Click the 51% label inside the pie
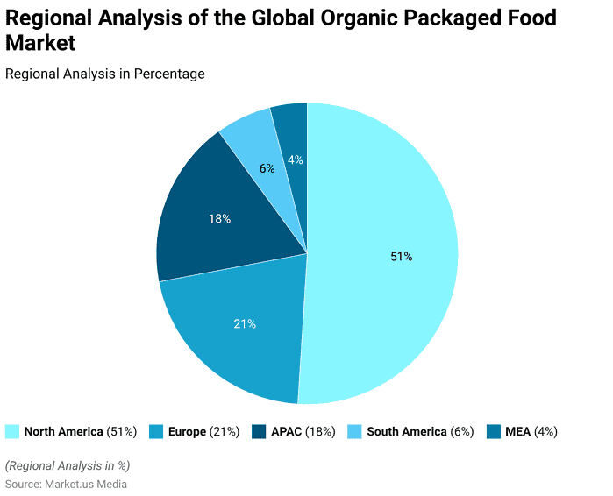(x=401, y=257)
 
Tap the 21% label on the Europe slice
(x=245, y=324)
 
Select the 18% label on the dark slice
(x=219, y=219)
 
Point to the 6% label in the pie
(x=267, y=168)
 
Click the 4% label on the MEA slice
(x=296, y=159)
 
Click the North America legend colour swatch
(x=12, y=431)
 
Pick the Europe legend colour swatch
(x=156, y=431)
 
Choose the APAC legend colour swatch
(x=259, y=431)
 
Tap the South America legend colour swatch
(x=355, y=431)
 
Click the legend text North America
(x=63, y=431)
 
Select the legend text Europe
(x=187, y=431)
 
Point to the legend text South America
(x=406, y=431)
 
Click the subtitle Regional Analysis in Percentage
(x=105, y=74)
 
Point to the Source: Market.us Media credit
(x=67, y=484)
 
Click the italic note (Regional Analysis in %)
(x=68, y=465)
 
